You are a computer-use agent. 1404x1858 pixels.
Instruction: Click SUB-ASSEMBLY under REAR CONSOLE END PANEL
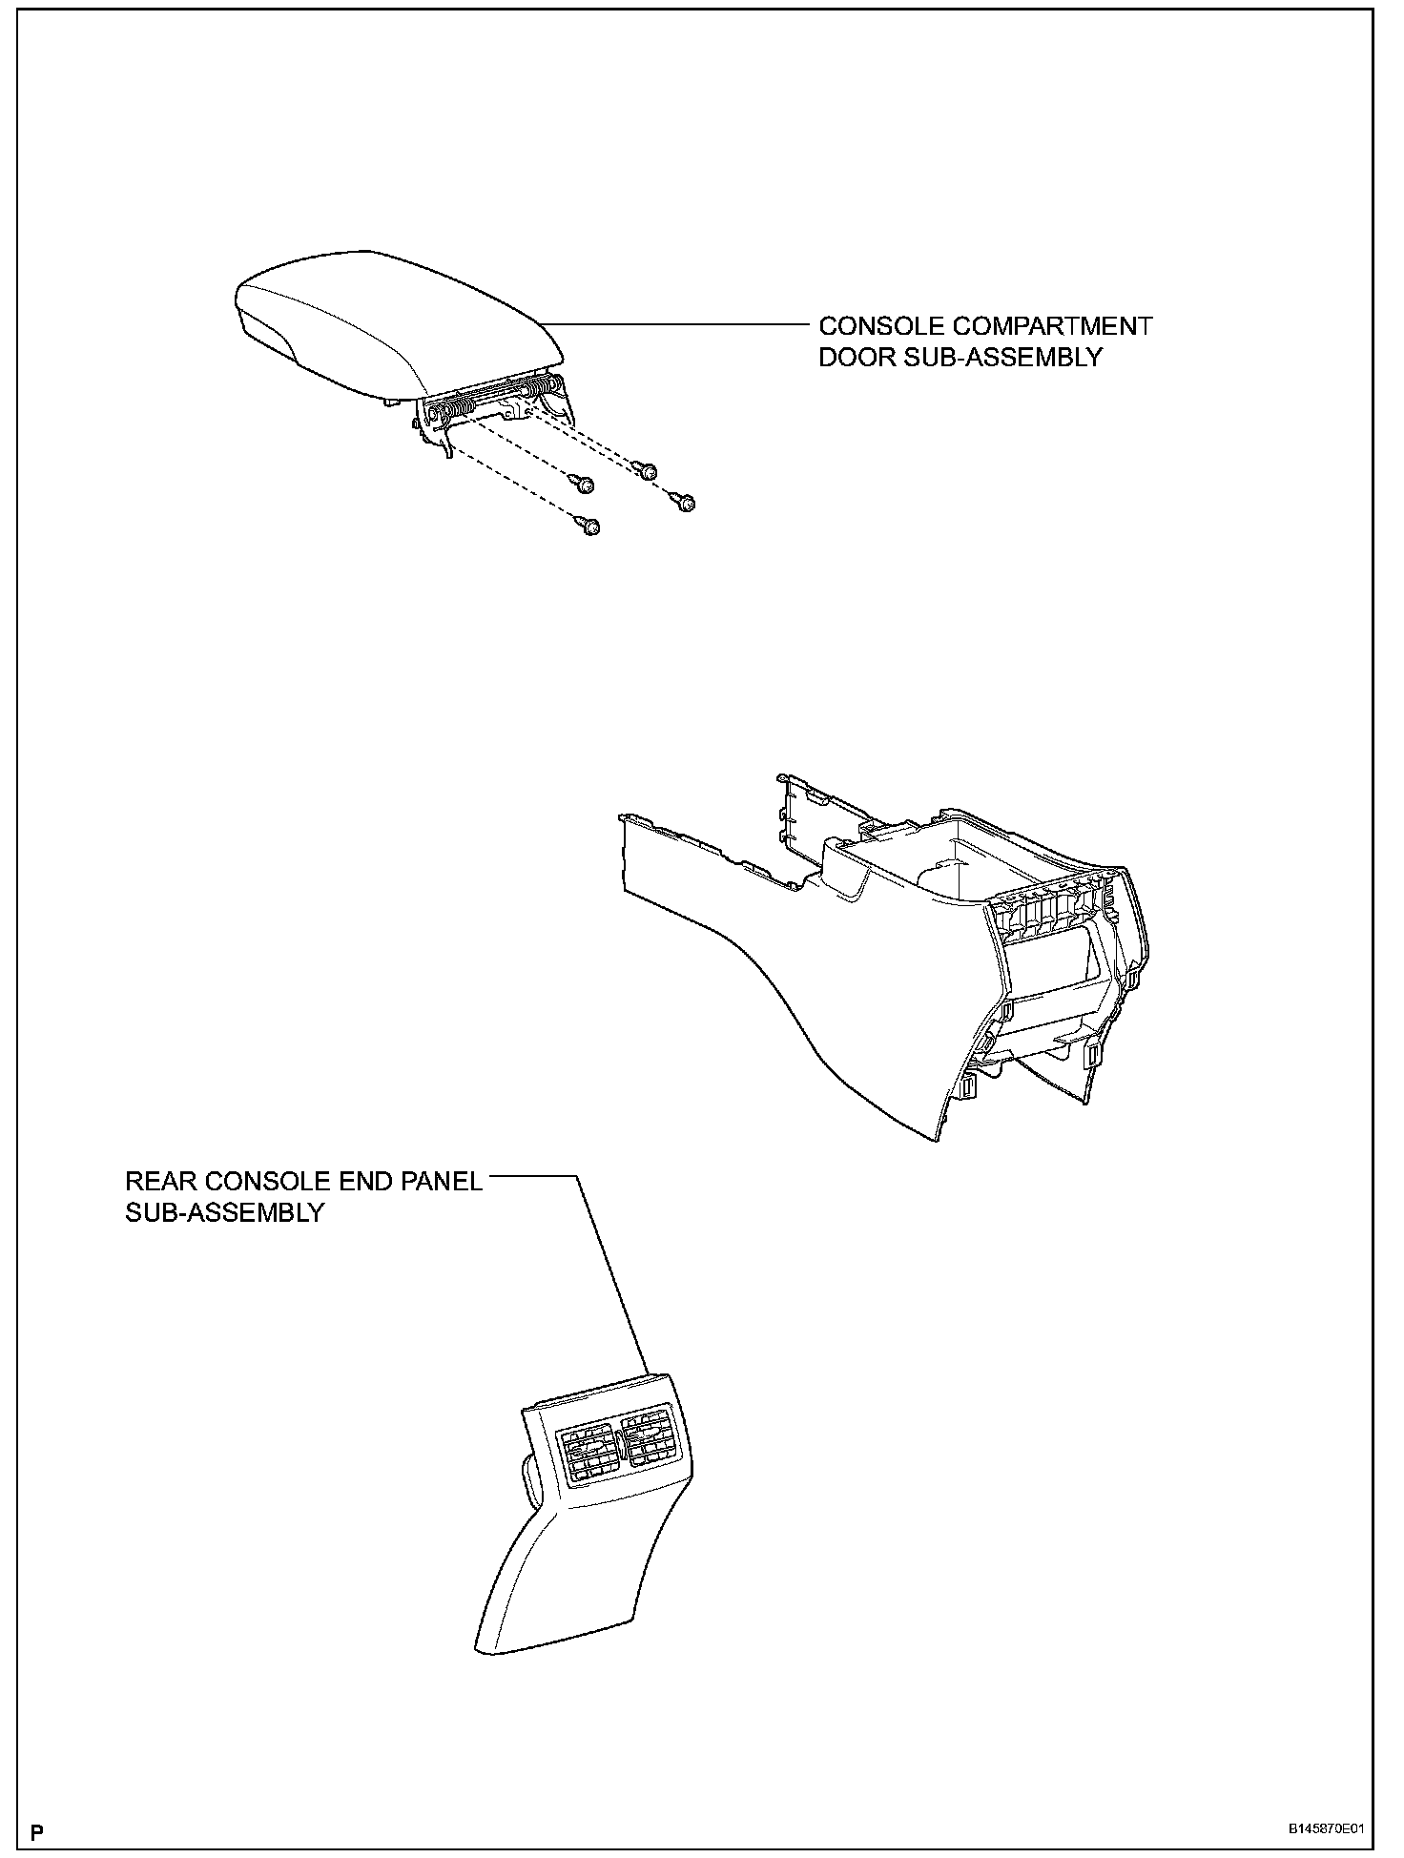click(x=225, y=1212)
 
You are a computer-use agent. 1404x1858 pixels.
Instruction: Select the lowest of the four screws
click(x=590, y=526)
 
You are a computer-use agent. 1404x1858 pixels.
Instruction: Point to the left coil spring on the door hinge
click(x=449, y=416)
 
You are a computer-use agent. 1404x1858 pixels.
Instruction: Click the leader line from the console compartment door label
click(x=677, y=325)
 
